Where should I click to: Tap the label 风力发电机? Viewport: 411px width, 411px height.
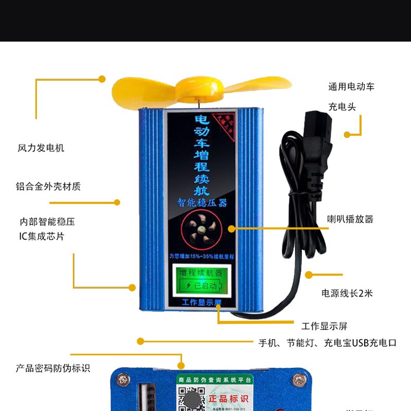pos(41,148)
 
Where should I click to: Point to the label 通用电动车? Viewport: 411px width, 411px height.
pos(351,87)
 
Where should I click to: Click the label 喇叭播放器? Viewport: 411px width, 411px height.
pos(350,219)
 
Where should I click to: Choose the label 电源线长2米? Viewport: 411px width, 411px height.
pos(347,293)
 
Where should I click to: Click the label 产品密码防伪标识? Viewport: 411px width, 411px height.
pos(52,368)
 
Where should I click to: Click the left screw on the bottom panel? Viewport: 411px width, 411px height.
pos(122,380)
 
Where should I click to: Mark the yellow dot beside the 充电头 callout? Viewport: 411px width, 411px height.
pos(347,135)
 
